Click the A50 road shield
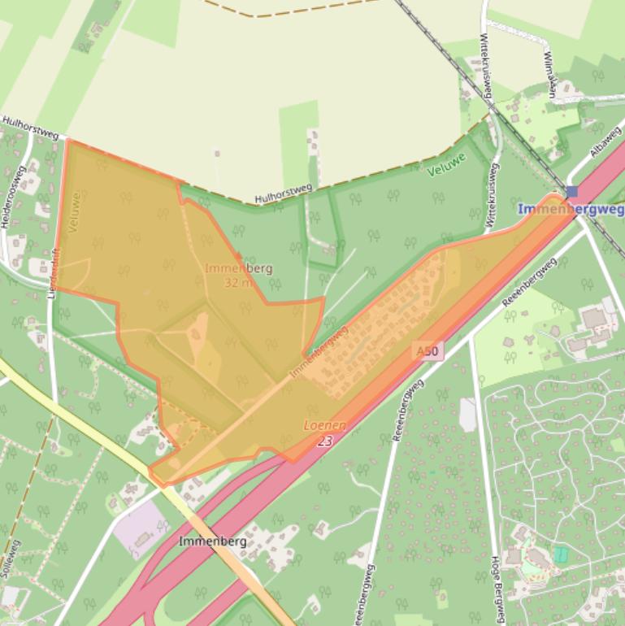click(427, 352)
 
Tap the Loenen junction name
click(324, 425)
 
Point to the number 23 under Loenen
click(324, 441)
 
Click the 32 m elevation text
click(239, 283)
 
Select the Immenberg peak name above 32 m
click(238, 268)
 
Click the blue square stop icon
click(572, 192)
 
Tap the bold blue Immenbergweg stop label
click(571, 209)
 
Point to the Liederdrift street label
click(53, 272)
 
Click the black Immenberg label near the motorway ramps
click(206, 541)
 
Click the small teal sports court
click(561, 554)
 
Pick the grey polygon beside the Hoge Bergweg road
click(467, 415)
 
